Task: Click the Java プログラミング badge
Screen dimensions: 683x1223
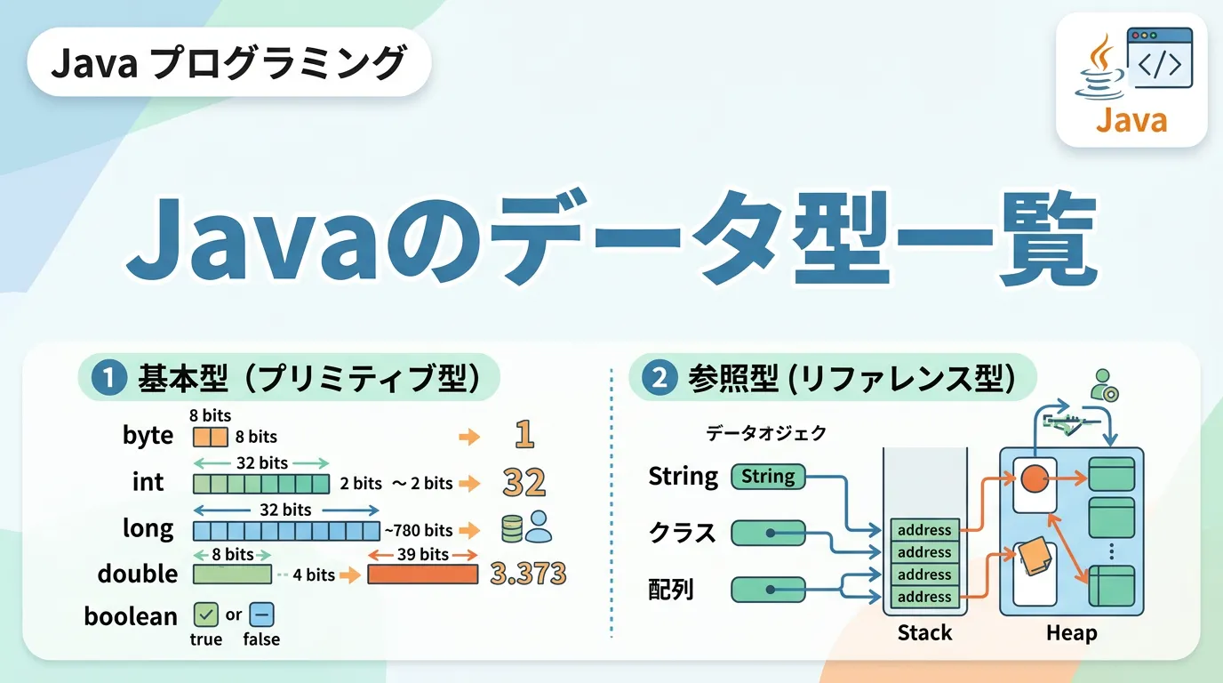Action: (x=228, y=65)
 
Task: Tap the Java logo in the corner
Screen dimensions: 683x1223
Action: (x=1131, y=80)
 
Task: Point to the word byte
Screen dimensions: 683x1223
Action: (x=148, y=436)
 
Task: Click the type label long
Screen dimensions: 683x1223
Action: (x=148, y=528)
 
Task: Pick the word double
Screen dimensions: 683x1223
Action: (x=138, y=574)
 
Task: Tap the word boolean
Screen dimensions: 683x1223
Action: (x=131, y=615)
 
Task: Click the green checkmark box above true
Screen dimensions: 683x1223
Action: (x=205, y=615)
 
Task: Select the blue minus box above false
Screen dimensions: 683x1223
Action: (x=261, y=615)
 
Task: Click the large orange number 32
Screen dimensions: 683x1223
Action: (x=524, y=483)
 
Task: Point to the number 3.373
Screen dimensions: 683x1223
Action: (x=528, y=574)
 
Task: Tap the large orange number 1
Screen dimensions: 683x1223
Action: (x=524, y=435)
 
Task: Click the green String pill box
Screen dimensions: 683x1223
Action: (x=768, y=477)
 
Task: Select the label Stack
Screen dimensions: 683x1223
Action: (x=924, y=633)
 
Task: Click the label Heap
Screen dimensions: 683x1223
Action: (x=1071, y=633)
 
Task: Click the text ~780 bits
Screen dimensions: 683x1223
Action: (x=419, y=531)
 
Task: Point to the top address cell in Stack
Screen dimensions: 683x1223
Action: (x=924, y=530)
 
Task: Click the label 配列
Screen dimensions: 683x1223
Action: (x=671, y=589)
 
